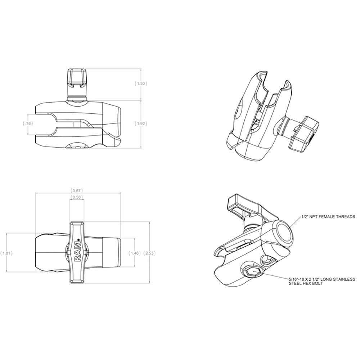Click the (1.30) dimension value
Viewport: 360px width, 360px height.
click(140, 84)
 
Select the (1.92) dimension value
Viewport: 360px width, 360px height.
click(140, 124)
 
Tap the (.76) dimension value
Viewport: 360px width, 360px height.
click(28, 124)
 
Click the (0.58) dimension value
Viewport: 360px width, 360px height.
click(76, 197)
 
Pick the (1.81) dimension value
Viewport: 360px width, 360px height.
click(7, 253)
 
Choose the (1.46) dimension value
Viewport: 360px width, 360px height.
click(134, 253)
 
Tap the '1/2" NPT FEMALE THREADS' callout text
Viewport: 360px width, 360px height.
click(328, 217)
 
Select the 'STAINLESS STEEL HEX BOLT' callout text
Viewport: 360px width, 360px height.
click(321, 281)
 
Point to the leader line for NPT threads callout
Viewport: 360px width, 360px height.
click(295, 223)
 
